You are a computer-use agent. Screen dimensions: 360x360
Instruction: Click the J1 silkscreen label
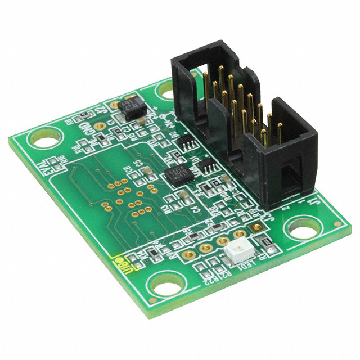(x=318, y=200)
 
